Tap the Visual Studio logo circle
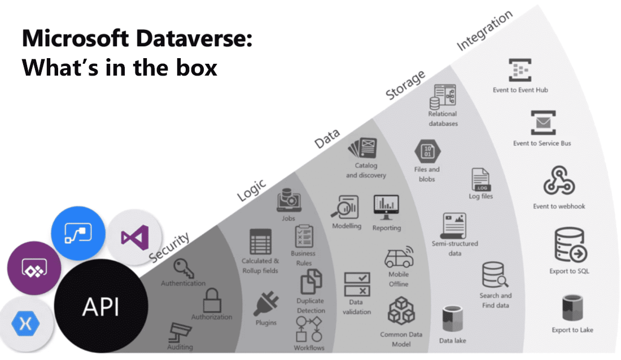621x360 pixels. pyautogui.click(x=134, y=234)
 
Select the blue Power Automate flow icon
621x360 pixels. pyautogui.click(x=78, y=232)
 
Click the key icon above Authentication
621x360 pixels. pyautogui.click(x=183, y=267)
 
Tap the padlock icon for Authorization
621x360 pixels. pyautogui.click(x=212, y=300)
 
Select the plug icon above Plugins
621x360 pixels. pyautogui.click(x=265, y=304)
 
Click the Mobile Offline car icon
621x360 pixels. pyautogui.click(x=399, y=257)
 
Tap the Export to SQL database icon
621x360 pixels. pyautogui.click(x=570, y=246)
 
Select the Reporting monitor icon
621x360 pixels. pyautogui.click(x=386, y=208)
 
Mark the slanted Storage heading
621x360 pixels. pyautogui.click(x=405, y=86)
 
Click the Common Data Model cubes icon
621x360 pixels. pyautogui.click(x=401, y=312)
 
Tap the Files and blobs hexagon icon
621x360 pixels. pyautogui.click(x=427, y=151)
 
